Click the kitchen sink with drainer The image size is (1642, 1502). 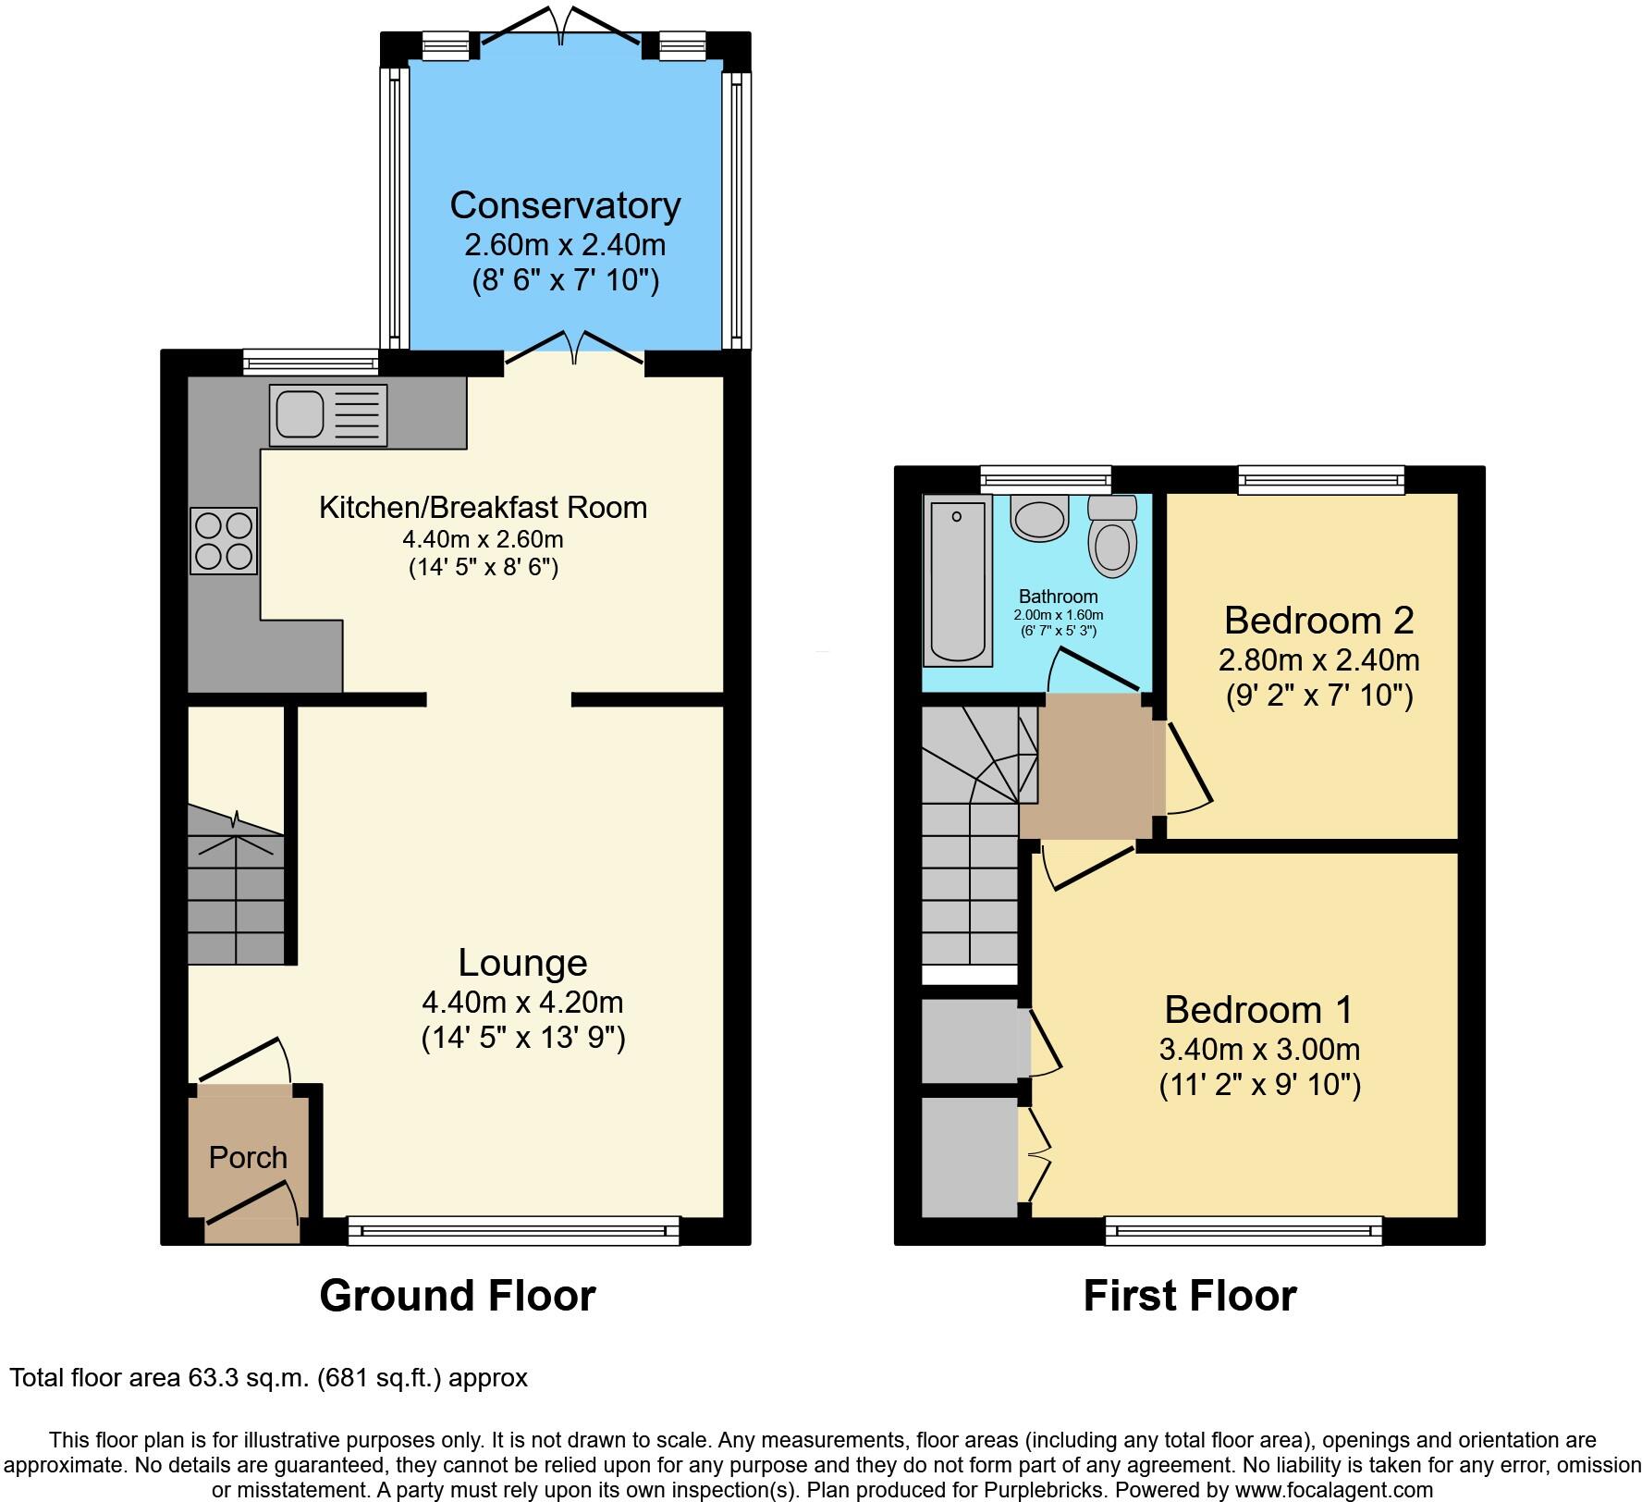pos(328,415)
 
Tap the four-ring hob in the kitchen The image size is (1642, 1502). pos(224,541)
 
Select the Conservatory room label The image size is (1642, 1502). pos(565,205)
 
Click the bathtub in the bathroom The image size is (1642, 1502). pos(957,580)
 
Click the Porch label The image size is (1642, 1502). pos(248,1157)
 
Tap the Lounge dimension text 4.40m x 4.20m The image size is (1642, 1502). pos(522,1002)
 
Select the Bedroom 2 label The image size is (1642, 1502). pos(1318,620)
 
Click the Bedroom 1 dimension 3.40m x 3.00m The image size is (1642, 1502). pos(1259,1049)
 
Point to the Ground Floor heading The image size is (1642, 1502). pos(458,1296)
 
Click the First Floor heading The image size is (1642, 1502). pos(1189,1296)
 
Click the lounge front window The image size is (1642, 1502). pos(513,1231)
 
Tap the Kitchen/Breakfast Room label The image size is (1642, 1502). pos(483,507)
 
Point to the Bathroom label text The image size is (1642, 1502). pos(1058,597)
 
